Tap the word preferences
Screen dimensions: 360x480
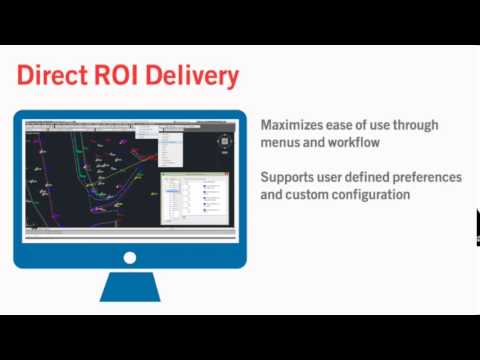[427, 177]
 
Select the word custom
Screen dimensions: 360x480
[307, 194]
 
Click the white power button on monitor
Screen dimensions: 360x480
[130, 257]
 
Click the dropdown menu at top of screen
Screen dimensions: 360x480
[146, 129]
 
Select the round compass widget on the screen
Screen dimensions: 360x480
[224, 141]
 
